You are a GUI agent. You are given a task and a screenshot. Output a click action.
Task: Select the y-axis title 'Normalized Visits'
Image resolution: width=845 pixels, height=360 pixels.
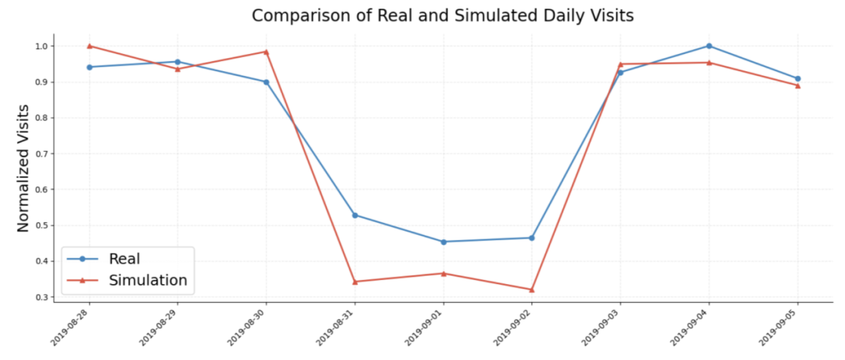click(23, 168)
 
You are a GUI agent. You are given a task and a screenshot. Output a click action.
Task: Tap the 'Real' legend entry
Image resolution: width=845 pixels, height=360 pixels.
click(124, 258)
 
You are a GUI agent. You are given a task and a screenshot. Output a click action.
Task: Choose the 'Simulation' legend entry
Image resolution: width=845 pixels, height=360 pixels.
click(147, 280)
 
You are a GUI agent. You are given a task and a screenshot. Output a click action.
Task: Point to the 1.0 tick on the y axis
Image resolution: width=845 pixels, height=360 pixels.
click(41, 46)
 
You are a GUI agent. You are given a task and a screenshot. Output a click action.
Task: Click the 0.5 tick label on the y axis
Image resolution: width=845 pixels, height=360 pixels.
click(41, 225)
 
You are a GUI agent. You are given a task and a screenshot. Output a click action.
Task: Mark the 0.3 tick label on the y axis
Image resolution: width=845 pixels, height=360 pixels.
click(41, 297)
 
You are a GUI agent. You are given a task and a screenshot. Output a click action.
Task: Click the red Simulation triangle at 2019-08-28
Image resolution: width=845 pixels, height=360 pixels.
click(89, 45)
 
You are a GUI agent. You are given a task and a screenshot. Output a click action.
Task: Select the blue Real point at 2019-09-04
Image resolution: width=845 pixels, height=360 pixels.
click(709, 46)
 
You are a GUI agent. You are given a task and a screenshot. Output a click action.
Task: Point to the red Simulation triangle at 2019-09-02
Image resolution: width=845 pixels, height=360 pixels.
click(532, 290)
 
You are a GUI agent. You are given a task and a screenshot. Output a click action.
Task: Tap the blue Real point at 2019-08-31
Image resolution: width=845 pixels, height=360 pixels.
click(354, 215)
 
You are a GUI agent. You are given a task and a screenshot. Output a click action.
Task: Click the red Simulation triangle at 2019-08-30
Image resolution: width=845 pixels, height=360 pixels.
click(266, 52)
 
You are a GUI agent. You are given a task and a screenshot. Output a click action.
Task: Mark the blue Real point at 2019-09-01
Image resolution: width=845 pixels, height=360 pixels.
click(444, 242)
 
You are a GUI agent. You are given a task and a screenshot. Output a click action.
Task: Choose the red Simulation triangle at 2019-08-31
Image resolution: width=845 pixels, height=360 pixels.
click(354, 282)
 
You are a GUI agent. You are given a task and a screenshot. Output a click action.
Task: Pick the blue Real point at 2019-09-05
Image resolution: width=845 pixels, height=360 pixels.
click(797, 78)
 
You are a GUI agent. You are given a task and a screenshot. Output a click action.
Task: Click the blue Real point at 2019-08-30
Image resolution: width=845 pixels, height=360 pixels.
click(266, 82)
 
